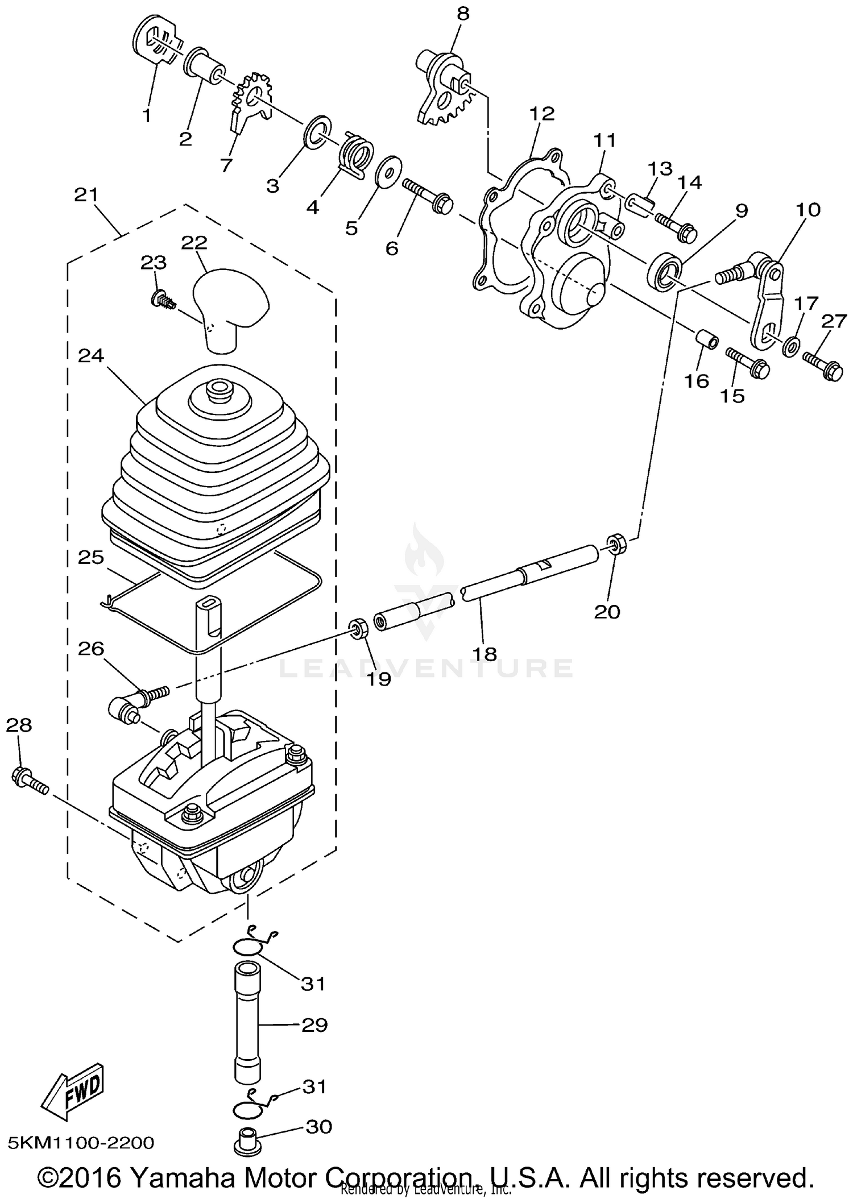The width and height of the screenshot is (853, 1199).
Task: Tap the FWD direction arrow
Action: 73,1091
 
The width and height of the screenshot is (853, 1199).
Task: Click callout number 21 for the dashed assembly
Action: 86,195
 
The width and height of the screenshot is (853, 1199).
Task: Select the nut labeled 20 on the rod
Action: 616,542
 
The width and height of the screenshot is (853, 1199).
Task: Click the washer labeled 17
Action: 790,346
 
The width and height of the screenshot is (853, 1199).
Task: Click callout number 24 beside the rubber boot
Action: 91,356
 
